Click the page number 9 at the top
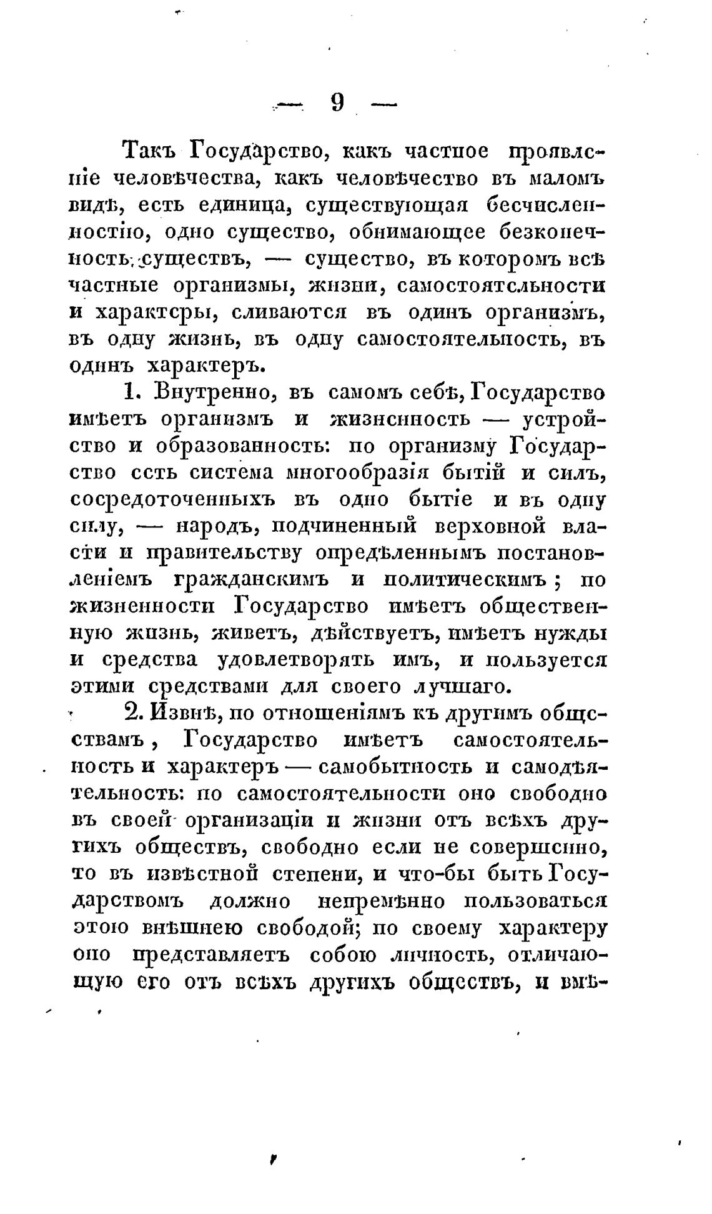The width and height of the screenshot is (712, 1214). (x=337, y=102)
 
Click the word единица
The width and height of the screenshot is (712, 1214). (x=246, y=206)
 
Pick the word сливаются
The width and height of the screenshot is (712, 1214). (x=289, y=312)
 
